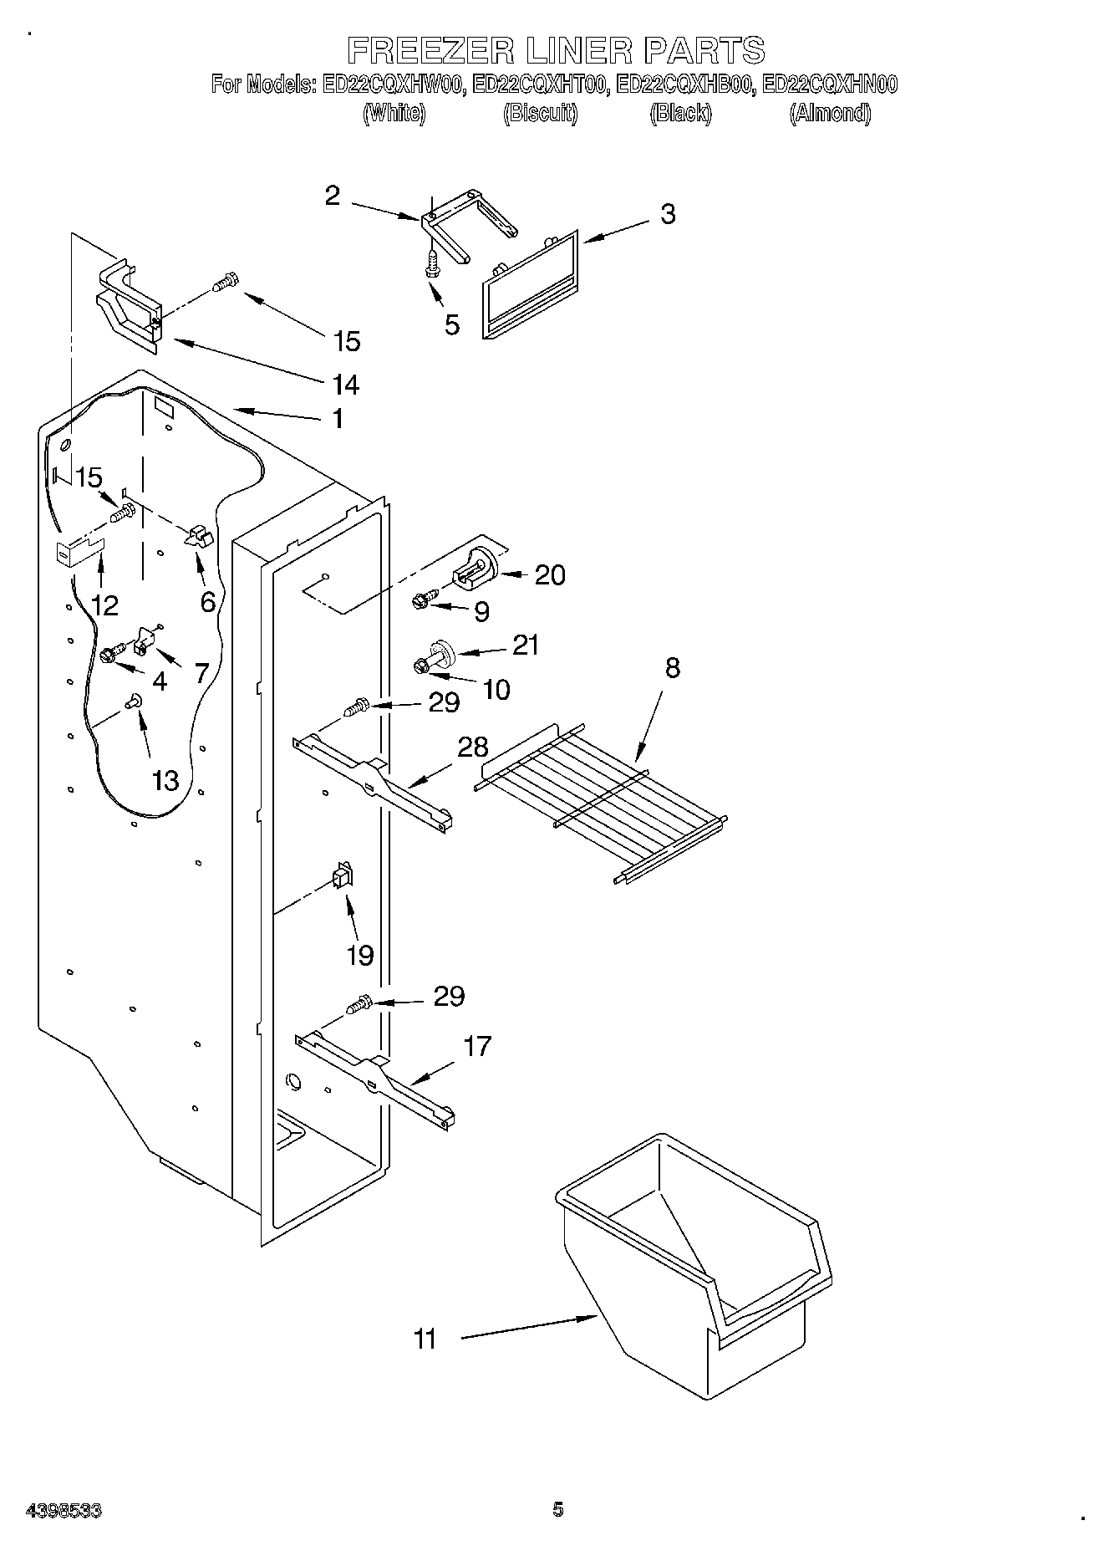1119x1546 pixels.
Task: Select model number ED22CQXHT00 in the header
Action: click(539, 84)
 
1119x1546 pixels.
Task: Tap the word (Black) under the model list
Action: click(680, 113)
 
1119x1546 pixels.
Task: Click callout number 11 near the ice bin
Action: click(425, 1339)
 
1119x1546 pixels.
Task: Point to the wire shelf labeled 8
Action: click(600, 799)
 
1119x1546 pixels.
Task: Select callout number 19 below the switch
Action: click(360, 955)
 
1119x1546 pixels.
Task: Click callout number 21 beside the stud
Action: click(526, 645)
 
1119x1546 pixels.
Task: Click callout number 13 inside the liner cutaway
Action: click(165, 780)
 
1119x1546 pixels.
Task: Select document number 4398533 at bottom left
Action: click(64, 1511)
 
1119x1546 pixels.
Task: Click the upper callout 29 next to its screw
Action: click(444, 702)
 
